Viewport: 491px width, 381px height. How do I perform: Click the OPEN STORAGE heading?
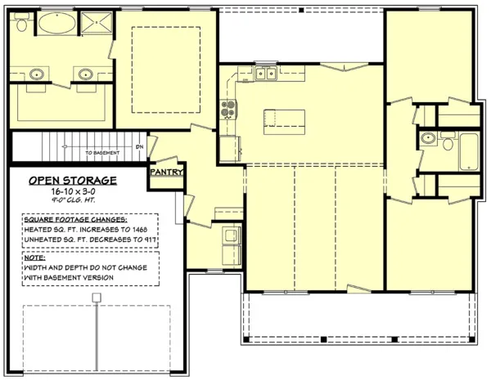click(73, 181)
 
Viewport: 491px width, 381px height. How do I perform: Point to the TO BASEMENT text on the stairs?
click(103, 153)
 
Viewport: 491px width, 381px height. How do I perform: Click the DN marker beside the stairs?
click(139, 147)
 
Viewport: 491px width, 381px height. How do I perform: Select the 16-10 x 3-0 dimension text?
click(73, 191)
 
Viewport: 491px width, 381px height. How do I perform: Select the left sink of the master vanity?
click(37, 75)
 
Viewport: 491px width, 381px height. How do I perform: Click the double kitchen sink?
click(264, 75)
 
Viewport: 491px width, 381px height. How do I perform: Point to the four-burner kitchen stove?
click(227, 109)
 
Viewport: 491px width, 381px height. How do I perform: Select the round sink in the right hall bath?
click(427, 140)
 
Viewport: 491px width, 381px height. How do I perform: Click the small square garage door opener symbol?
click(97, 298)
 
